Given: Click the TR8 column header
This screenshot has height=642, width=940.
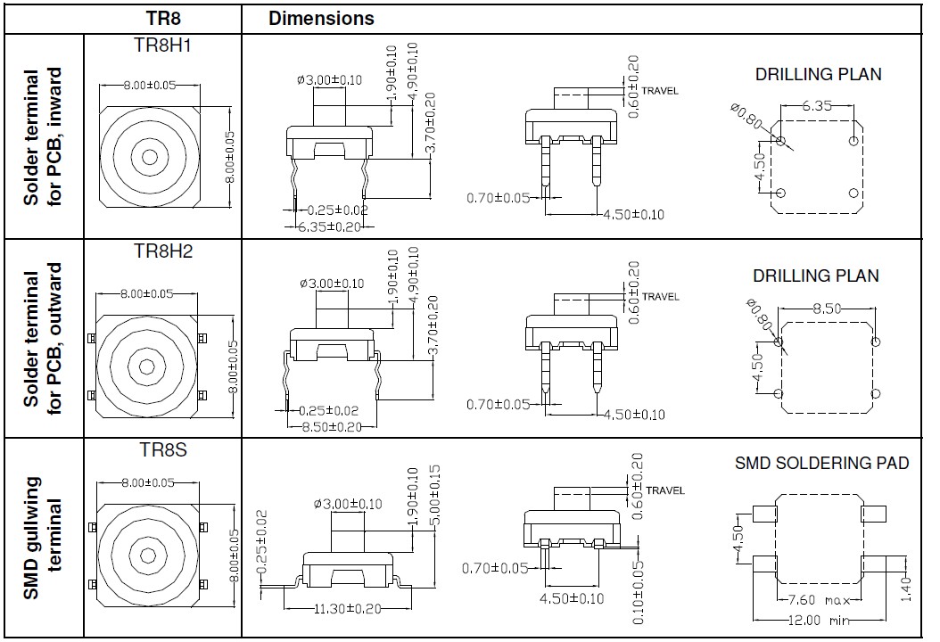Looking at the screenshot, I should click(162, 18).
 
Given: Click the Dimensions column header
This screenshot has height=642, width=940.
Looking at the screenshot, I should click(321, 18).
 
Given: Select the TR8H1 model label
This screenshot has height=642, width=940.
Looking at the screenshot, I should click(162, 45).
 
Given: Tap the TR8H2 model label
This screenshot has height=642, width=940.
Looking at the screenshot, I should click(162, 251).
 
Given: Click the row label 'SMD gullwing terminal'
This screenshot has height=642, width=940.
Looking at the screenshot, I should click(42, 538).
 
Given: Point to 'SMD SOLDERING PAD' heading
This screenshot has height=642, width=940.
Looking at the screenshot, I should click(821, 464).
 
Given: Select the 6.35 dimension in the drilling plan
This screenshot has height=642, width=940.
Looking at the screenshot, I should click(817, 105).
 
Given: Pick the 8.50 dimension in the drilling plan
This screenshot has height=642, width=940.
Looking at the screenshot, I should click(828, 309).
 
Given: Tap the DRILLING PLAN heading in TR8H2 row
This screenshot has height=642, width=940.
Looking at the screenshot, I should click(815, 276).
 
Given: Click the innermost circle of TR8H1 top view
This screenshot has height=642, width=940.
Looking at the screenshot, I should click(149, 157).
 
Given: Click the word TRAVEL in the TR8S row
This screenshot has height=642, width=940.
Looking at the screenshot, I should click(665, 490).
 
